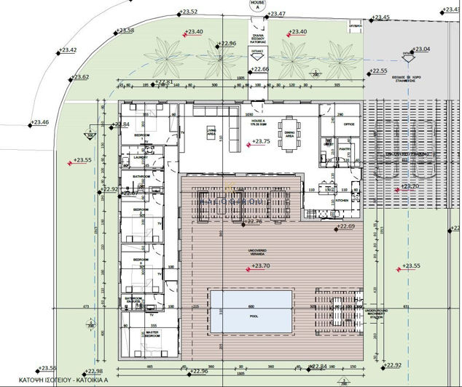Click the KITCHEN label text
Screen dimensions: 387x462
[x=342, y=201]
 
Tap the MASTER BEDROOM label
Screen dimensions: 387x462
[x=152, y=333]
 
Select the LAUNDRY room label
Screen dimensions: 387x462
[x=141, y=156]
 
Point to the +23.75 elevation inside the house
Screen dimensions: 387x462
[x=262, y=142]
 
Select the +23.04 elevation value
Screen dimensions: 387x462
[x=421, y=49]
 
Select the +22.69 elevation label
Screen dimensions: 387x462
[x=346, y=227]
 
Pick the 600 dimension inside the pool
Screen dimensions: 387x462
[x=251, y=306]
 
